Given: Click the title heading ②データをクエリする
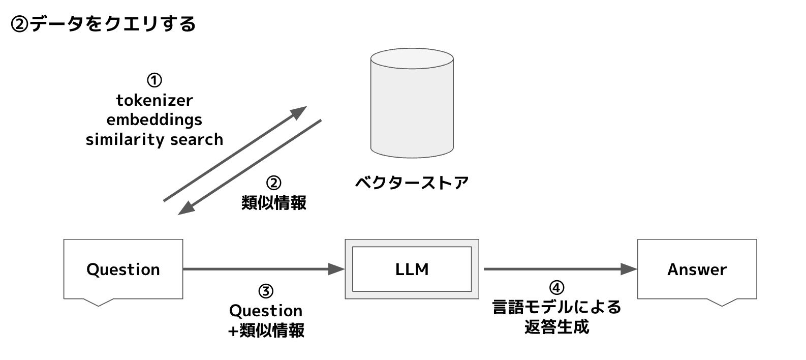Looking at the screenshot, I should point(103,24).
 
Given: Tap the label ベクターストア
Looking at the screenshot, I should point(412,182).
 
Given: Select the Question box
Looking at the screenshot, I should point(123,269).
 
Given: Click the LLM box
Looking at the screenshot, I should point(412,269).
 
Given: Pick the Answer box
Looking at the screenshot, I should point(697,269).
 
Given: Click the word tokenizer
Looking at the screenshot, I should point(154,100).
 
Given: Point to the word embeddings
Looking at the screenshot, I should point(154,119).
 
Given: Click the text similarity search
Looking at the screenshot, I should point(154,139).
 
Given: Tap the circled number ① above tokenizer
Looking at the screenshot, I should point(154,80).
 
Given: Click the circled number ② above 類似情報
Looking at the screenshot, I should point(273,183).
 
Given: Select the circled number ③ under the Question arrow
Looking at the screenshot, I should point(266,291).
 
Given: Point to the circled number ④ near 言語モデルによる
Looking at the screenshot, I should point(557,288).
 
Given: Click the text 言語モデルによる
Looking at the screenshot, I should point(557,307).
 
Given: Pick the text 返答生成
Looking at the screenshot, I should point(557,326).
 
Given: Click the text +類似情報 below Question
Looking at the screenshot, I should point(266,331).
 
